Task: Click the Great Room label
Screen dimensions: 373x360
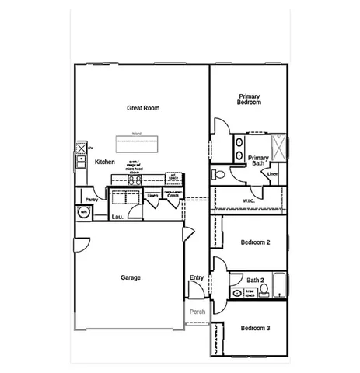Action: [x=143, y=108]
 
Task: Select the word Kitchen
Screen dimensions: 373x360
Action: [x=105, y=162]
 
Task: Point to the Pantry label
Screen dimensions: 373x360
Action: [x=91, y=199]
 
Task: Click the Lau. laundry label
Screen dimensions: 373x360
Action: [x=118, y=217]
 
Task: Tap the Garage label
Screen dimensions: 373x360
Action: [x=130, y=277]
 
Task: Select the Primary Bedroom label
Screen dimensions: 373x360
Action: [x=249, y=99]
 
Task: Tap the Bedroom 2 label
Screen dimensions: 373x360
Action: [x=255, y=242]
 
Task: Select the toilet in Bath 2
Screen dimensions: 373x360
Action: [x=264, y=291]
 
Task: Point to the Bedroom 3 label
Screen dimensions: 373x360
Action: [x=255, y=328]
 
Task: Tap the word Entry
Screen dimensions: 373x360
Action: [x=197, y=277]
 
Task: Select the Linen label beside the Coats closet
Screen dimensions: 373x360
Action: [x=153, y=196]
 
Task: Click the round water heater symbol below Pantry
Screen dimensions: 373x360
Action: [x=82, y=212]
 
